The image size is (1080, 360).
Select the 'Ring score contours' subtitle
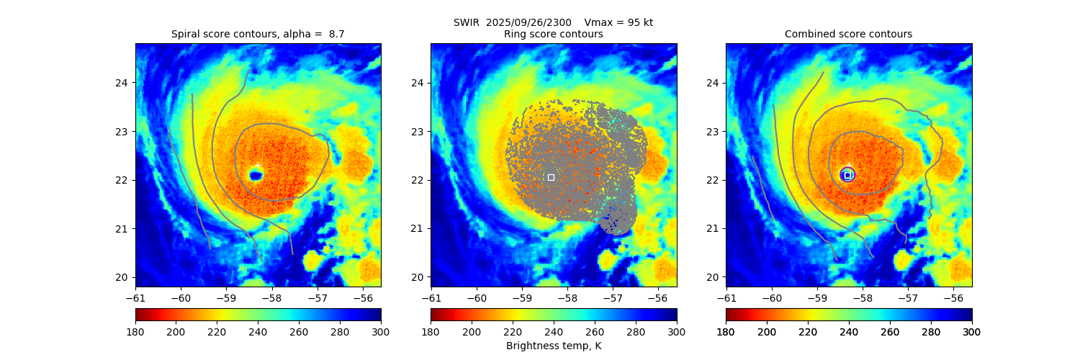pos(553,34)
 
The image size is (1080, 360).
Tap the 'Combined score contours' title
pos(848,34)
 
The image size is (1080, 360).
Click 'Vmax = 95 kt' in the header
pos(618,22)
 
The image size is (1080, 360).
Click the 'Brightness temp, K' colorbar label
pos(553,346)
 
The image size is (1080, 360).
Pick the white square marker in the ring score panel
pos(551,177)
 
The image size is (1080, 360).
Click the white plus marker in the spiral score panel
pos(258,166)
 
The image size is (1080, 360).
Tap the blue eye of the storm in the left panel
pos(256,175)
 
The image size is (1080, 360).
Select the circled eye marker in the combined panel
pos(847,174)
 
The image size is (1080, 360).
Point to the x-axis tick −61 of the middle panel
pos(431,297)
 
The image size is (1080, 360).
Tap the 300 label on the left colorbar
pos(381,331)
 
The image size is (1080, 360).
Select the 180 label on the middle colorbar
pos(431,331)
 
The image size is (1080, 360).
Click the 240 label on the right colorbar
pos(849,331)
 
